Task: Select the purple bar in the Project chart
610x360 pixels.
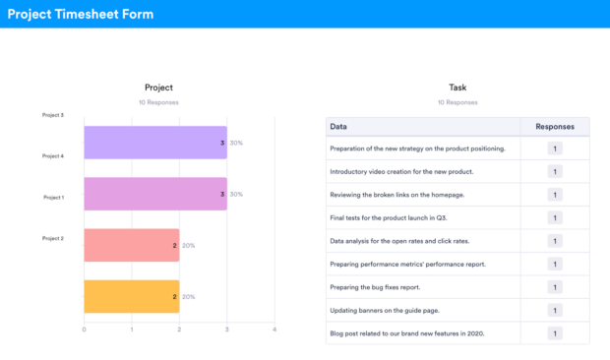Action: [154, 143]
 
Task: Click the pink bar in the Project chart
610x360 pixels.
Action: [154, 194]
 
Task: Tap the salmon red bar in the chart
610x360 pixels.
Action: [131, 245]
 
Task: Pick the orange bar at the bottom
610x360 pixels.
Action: [131, 296]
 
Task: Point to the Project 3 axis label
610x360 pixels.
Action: [53, 115]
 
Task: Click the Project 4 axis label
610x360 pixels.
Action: [53, 155]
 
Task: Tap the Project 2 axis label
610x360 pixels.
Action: [53, 238]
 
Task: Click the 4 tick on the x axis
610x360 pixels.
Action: [274, 329]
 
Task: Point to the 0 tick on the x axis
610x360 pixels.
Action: [84, 329]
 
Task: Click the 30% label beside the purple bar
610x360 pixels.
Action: [236, 143]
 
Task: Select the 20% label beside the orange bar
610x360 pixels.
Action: [188, 296]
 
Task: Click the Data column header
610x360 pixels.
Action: [338, 126]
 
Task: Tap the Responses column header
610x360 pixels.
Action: [555, 126]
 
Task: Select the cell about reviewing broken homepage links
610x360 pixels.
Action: [397, 195]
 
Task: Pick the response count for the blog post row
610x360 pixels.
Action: [555, 333]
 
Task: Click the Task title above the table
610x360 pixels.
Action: [457, 88]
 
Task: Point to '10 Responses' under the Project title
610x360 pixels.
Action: [158, 102]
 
